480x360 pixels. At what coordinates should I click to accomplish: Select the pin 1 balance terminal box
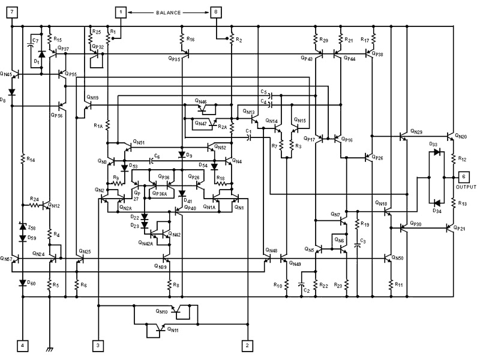click(x=121, y=12)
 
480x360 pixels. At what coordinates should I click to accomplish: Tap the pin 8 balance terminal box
click(x=215, y=12)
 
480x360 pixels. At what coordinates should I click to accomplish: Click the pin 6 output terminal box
click(x=464, y=177)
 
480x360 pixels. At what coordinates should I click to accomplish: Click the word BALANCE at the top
click(x=167, y=12)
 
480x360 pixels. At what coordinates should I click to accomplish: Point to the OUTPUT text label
click(x=466, y=187)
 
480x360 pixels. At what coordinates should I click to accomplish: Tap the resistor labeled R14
click(x=23, y=160)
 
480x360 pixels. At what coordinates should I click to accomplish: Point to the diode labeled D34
click(x=436, y=202)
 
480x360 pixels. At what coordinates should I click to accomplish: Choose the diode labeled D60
click(x=23, y=282)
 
